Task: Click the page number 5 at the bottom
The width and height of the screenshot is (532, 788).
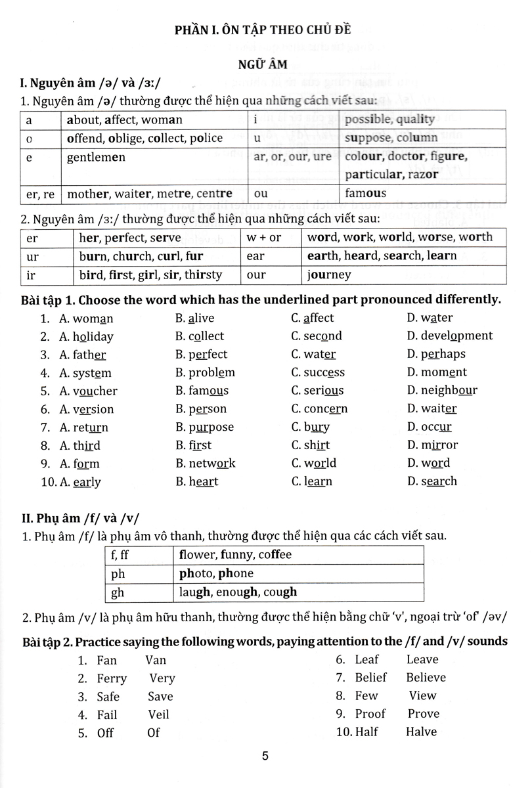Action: point(265,756)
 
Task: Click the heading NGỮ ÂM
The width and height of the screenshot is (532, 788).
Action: point(265,65)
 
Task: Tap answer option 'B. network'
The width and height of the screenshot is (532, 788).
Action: point(205,463)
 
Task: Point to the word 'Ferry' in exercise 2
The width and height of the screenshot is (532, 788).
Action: point(112,678)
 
